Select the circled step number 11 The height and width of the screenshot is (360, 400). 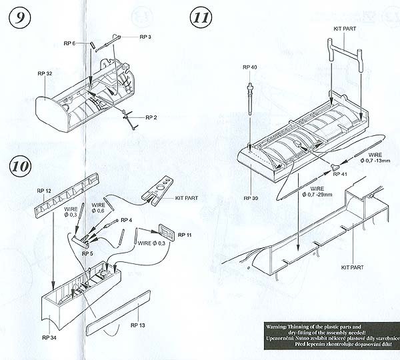[201, 17]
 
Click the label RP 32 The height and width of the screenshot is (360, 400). [45, 73]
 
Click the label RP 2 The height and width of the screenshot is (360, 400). [150, 117]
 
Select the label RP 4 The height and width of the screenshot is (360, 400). [127, 219]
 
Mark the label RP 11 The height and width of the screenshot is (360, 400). [185, 236]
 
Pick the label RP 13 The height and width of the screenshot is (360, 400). [138, 325]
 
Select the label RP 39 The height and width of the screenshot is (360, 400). [251, 198]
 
